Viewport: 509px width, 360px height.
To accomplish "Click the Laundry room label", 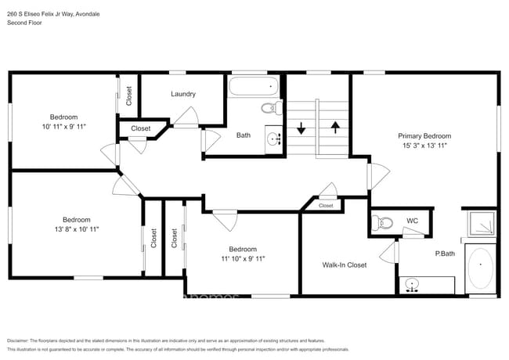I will [183, 94].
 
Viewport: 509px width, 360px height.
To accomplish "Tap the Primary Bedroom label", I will [424, 135].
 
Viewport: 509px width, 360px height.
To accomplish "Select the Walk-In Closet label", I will [345, 265].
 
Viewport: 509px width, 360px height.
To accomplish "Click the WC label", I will [412, 221].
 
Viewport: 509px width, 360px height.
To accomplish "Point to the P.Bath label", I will [445, 254].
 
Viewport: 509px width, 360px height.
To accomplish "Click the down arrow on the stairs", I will [302, 128].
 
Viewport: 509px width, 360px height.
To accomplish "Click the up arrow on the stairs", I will [335, 128].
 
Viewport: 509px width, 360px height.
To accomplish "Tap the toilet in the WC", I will [381, 222].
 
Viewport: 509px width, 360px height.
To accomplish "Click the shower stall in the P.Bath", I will [480, 223].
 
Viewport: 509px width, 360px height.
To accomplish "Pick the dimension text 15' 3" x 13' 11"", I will [424, 146].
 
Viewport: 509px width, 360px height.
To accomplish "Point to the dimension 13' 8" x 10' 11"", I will [76, 229].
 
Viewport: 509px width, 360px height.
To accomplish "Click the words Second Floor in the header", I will [24, 23].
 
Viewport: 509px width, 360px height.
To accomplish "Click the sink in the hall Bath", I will [274, 139].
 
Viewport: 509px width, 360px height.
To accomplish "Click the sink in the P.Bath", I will [413, 286].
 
